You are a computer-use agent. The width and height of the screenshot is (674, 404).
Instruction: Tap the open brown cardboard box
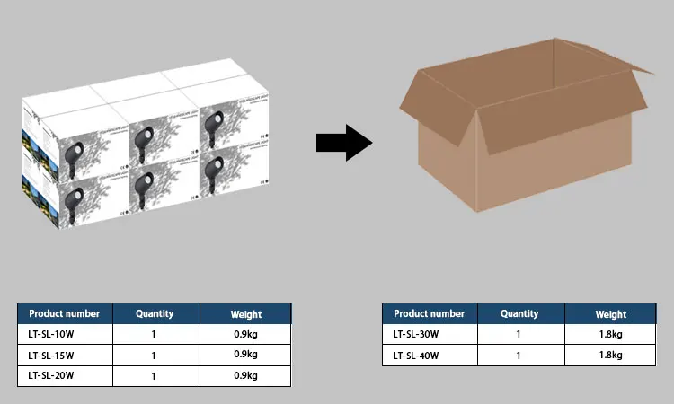(521, 135)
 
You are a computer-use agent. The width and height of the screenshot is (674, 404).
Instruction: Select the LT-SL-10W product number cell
(65, 334)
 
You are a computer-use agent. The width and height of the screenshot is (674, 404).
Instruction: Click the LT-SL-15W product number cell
(65, 355)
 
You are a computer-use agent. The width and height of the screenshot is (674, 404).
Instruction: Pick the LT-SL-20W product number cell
(65, 375)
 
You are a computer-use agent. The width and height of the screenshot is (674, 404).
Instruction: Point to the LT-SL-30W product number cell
(430, 334)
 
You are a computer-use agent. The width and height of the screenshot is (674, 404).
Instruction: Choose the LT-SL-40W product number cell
(430, 355)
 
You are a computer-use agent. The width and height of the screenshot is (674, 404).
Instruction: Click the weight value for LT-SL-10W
(245, 334)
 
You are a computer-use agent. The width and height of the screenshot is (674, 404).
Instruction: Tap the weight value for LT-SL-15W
(245, 355)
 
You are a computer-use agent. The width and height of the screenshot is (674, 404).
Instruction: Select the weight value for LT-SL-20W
(245, 375)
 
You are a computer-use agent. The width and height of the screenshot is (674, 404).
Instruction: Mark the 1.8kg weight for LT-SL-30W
(610, 334)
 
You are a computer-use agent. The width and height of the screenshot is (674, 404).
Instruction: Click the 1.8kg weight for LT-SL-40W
(610, 355)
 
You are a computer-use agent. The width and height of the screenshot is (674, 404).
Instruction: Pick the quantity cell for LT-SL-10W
(154, 334)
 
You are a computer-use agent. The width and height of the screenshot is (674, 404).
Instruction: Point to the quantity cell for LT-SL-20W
(154, 375)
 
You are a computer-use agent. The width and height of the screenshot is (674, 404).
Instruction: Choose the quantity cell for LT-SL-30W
(519, 334)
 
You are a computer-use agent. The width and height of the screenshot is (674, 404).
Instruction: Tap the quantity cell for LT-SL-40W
(519, 355)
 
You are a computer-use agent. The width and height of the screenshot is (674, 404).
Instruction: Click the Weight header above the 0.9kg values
(245, 314)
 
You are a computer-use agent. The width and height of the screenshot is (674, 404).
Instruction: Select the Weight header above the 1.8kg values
(610, 314)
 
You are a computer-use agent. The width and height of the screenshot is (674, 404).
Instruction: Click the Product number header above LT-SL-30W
(430, 314)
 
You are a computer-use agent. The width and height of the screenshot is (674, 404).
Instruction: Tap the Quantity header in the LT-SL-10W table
(154, 314)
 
